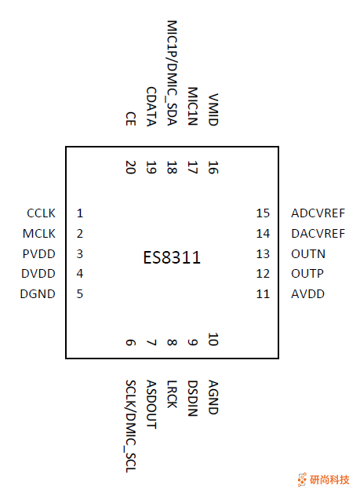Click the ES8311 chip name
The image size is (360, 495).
[x=172, y=257]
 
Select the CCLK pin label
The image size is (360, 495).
[x=41, y=213]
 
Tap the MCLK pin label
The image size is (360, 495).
[x=40, y=234]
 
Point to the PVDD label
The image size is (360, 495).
[x=40, y=254]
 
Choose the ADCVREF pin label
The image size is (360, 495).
[x=318, y=213]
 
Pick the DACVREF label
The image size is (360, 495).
[x=318, y=234]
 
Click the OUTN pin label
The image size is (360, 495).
[x=307, y=254]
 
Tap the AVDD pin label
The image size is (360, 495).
[x=307, y=294]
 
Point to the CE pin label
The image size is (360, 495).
[x=130, y=118]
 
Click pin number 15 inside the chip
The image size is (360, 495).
[x=263, y=213]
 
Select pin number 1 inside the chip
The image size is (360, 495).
[x=80, y=213]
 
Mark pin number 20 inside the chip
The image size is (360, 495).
[x=130, y=167]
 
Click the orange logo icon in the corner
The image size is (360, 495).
[x=302, y=480]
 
